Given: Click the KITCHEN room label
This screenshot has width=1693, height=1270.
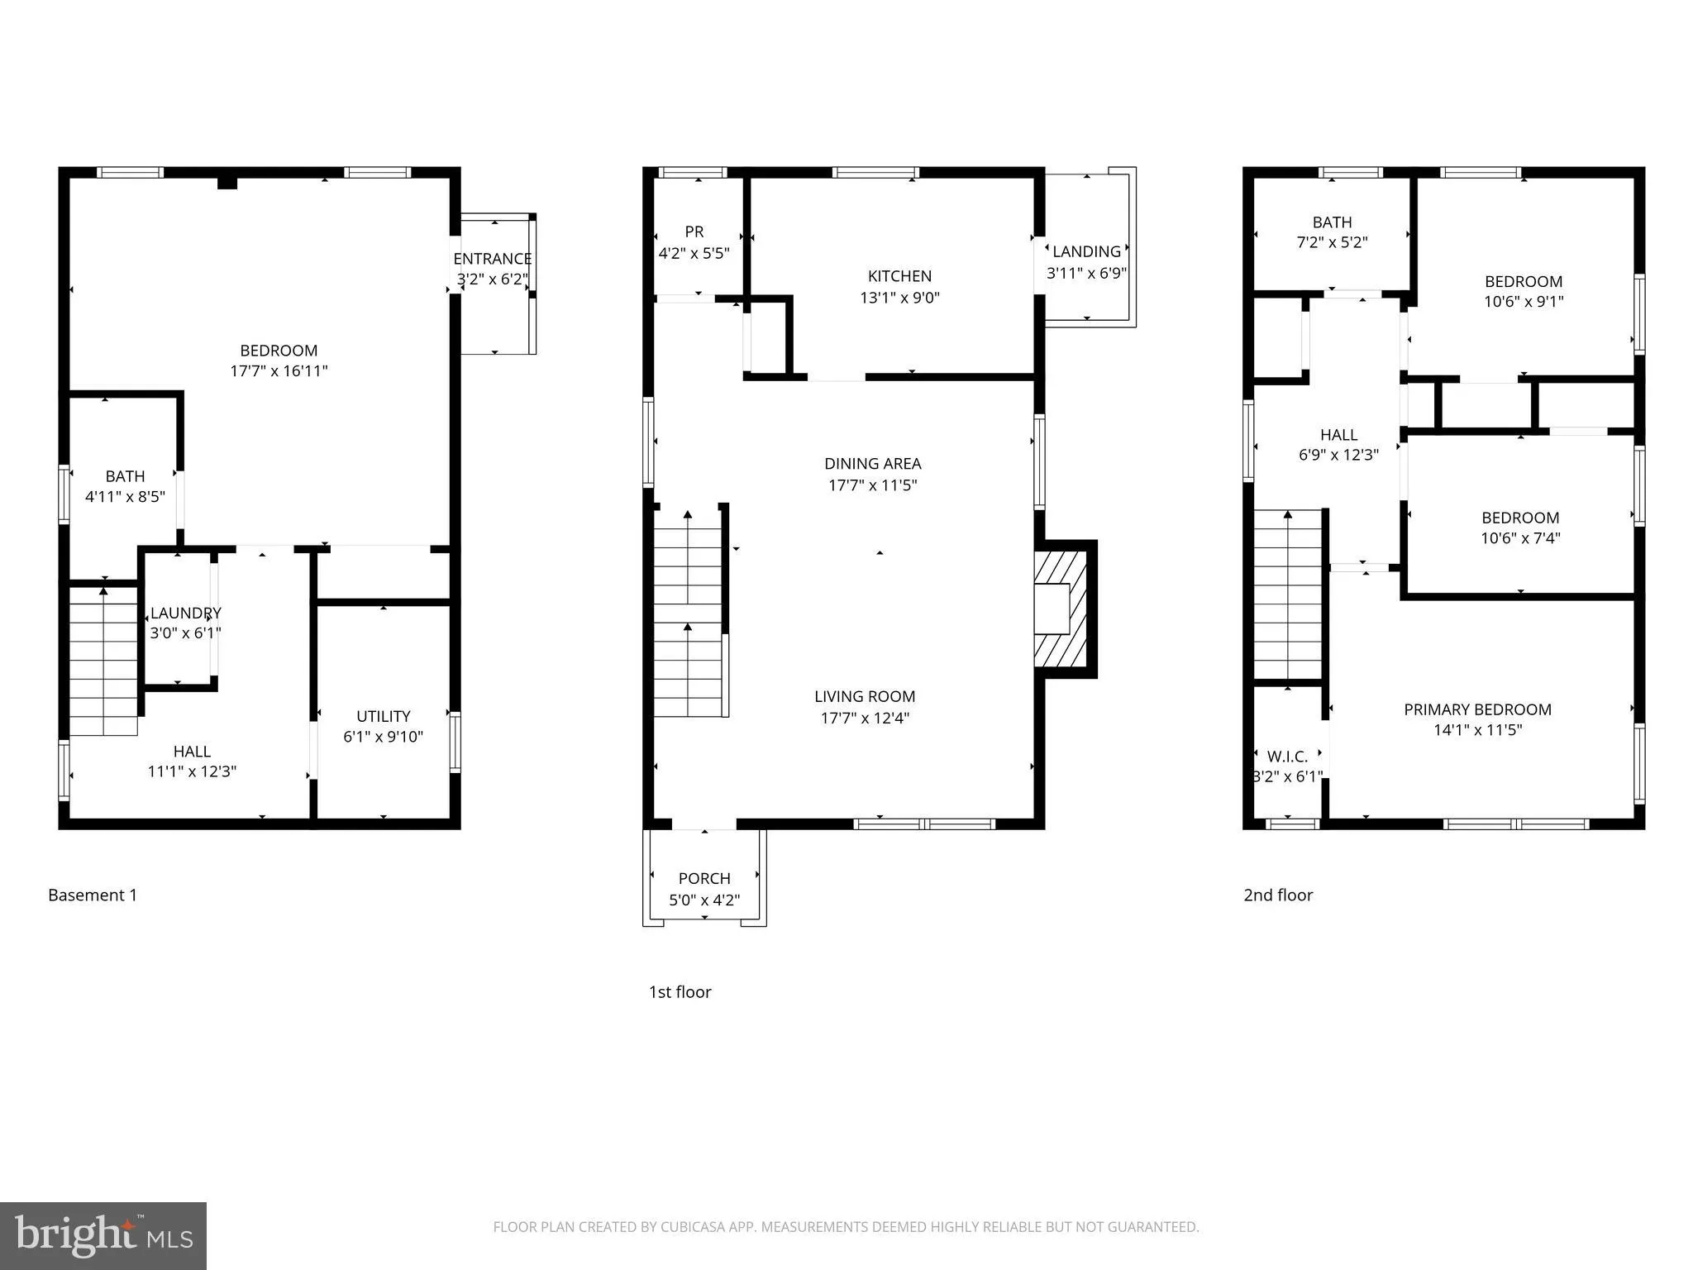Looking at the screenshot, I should click(899, 276).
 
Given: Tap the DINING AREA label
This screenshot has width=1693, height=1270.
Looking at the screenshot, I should click(872, 464).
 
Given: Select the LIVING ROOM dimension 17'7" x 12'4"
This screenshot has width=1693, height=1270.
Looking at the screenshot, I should click(865, 718).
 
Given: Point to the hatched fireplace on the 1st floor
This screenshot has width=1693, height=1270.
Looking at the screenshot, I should click(1061, 609).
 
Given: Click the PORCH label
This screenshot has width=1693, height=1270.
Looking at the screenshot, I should click(704, 878).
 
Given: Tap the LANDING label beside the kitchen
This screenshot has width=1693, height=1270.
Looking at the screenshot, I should click(1086, 251).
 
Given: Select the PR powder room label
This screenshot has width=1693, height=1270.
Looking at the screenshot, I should click(694, 232).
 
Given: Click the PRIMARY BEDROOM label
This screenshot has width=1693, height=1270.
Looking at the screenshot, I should click(1477, 709).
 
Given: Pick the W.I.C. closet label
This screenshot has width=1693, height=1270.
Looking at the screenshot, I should click(1287, 757).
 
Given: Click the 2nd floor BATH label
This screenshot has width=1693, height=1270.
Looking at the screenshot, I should click(1332, 222).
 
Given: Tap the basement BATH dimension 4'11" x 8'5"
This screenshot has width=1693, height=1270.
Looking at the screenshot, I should click(125, 497).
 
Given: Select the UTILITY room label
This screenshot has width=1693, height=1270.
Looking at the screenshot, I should click(383, 716).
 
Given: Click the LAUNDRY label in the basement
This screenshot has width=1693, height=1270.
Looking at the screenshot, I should click(185, 613).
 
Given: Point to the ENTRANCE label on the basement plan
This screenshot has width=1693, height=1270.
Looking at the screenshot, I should click(492, 259).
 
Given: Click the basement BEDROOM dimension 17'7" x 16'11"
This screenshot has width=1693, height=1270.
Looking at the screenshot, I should click(279, 371).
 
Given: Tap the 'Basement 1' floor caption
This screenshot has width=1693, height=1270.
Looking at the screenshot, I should click(93, 895).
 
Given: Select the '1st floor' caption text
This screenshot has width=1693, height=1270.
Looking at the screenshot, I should click(680, 991).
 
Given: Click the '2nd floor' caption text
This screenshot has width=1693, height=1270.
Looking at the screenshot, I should click(1278, 895).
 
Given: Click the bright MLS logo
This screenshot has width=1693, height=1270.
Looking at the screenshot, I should click(103, 1234).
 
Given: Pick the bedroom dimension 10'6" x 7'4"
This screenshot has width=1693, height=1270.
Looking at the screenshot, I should click(1519, 538).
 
